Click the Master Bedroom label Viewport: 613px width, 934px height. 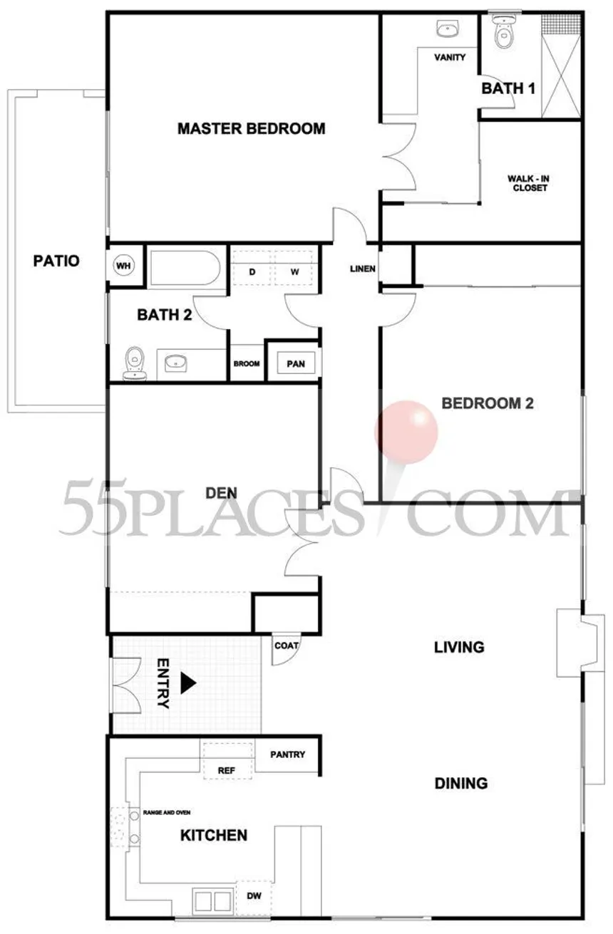pos(251,129)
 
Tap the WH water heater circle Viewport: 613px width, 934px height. pos(124,266)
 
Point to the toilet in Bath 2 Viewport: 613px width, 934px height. pos(133,363)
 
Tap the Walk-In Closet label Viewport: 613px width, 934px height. pos(527,183)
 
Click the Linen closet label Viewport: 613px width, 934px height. pos(359,269)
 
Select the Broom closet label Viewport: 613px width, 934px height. pos(247,364)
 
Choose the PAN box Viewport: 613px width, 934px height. pos(296,364)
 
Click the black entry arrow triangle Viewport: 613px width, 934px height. pos(187,683)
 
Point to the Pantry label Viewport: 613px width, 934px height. pos(288,754)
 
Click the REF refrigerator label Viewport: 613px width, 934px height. pos(226,771)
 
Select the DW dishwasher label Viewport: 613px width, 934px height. pos(254,894)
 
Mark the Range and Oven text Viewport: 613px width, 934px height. pos(166,812)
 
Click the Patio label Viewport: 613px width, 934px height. pos(56,261)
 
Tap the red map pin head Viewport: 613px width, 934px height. pos(406,431)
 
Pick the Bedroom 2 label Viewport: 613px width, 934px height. pos(488,403)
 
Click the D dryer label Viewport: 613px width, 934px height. pos(252,272)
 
